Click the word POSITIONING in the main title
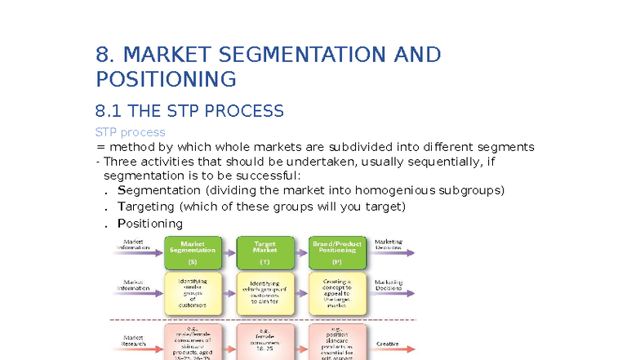point(166,80)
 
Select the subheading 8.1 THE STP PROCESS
point(189,111)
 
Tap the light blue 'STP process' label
point(130,132)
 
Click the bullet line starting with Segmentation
point(310,190)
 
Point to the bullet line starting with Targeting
point(261,207)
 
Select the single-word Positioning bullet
point(150,224)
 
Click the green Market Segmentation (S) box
point(193,252)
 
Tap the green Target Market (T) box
point(264,252)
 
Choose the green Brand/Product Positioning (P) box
point(337,252)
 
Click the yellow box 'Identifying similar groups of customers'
point(193,294)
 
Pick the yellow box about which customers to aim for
point(264,294)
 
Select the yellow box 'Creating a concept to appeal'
point(337,294)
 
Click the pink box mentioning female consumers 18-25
point(264,343)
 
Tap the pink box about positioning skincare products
point(337,343)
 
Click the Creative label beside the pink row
point(387,344)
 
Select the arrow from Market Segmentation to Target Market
point(229,252)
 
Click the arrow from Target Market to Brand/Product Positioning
point(301,252)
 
